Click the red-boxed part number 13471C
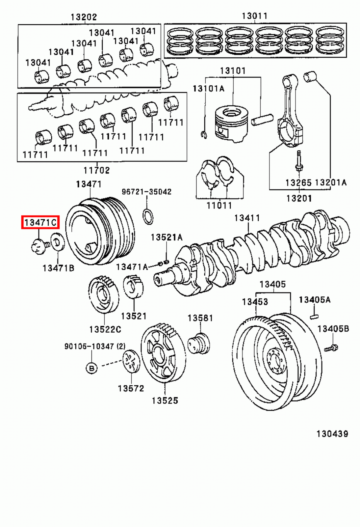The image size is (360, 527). tap(40, 223)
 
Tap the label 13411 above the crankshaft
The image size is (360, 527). tap(247, 218)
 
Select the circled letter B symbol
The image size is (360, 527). tap(92, 368)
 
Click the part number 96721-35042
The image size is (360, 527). tap(146, 192)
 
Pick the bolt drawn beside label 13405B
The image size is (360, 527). tap(331, 348)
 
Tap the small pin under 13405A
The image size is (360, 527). tap(314, 317)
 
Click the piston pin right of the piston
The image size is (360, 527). tap(262, 119)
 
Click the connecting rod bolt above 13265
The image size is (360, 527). tap(299, 161)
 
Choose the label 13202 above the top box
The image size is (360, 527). tap(84, 17)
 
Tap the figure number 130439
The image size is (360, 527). tap(332, 433)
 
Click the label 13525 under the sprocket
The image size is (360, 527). tap(165, 401)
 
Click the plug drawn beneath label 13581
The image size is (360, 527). tap(199, 344)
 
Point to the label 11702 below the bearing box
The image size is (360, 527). tap(96, 170)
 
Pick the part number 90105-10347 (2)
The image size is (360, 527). tap(95, 346)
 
